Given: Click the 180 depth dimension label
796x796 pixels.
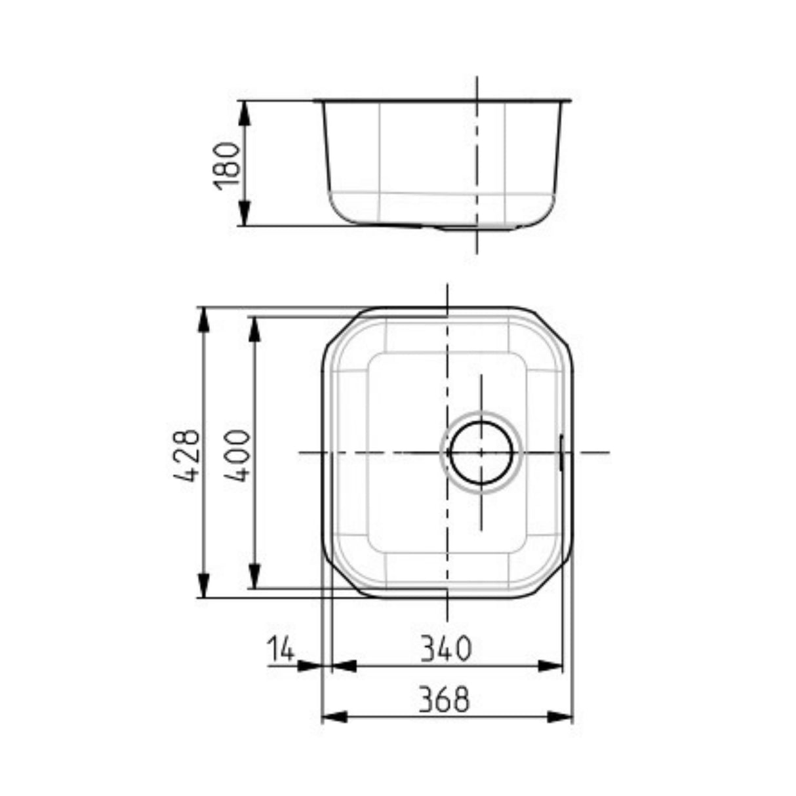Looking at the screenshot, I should click(x=228, y=164).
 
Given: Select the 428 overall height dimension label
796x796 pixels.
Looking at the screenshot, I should click(x=187, y=455).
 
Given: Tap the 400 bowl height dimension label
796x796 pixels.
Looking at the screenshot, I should click(x=237, y=455).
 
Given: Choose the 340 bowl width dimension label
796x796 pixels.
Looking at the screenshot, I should click(x=446, y=648).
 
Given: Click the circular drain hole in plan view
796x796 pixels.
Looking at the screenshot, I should click(x=481, y=452).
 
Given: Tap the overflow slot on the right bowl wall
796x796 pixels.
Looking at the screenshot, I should click(x=561, y=452).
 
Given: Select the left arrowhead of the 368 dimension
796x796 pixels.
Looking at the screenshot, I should click(x=333, y=717).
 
